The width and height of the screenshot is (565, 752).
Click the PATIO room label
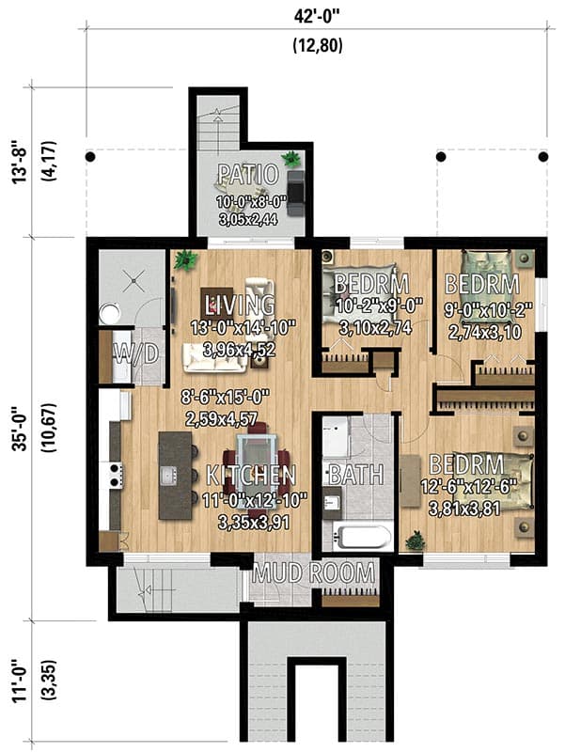[x=248, y=175]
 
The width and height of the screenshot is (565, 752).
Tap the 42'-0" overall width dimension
[x=317, y=17]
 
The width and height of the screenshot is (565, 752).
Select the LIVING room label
[x=240, y=305]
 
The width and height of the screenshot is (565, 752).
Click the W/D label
[x=135, y=355]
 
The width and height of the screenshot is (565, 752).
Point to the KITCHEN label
[x=251, y=476]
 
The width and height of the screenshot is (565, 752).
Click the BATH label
[x=356, y=475]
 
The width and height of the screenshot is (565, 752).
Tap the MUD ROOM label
[x=313, y=573]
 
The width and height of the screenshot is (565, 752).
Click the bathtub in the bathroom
[x=363, y=537]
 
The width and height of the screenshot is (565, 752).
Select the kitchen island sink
[x=169, y=476]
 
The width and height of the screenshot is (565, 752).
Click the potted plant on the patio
[x=290, y=159]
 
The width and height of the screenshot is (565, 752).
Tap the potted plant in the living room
[x=185, y=260]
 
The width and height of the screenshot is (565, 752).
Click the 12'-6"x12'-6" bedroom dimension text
[x=467, y=488]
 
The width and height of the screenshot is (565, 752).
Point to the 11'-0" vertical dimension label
[x=21, y=681]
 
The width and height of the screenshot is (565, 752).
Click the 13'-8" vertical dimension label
[x=21, y=162]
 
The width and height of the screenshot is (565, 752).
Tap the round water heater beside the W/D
[x=110, y=315]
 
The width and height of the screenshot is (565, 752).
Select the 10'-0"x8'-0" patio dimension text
[x=250, y=200]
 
